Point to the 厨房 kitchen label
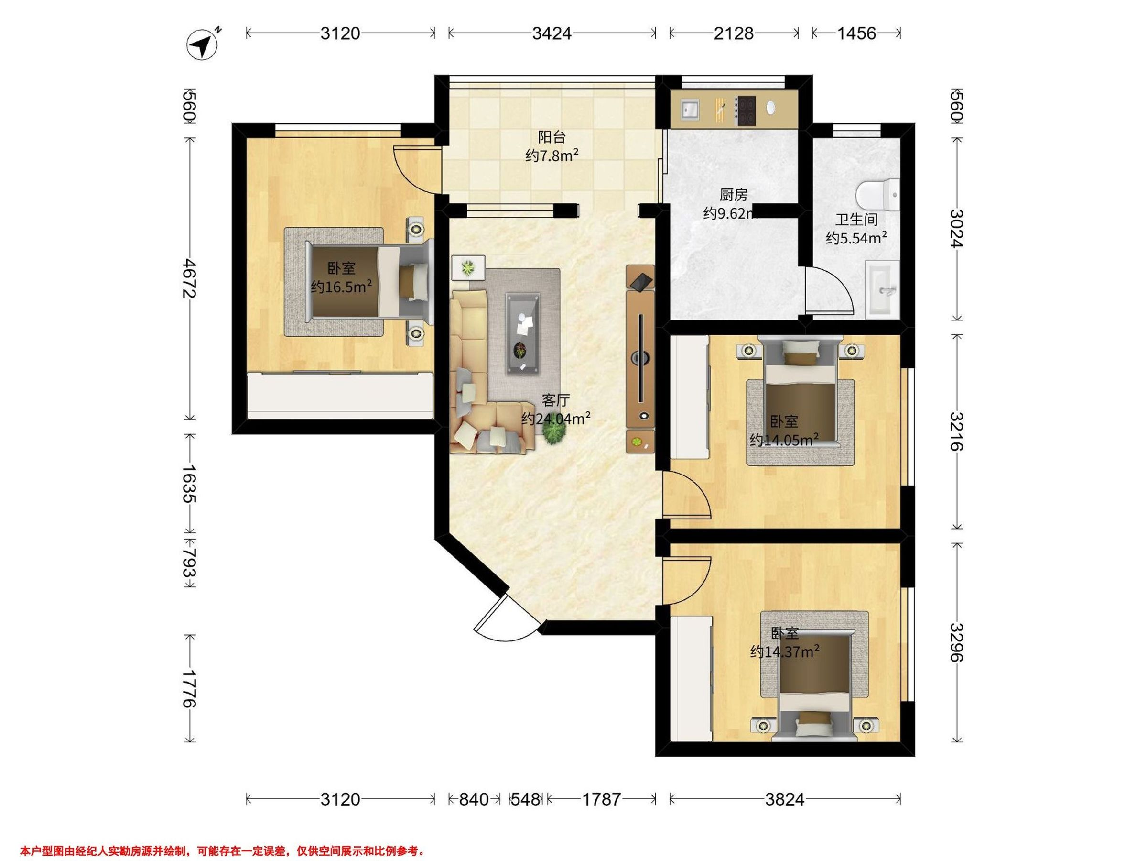pyautogui.click(x=734, y=195)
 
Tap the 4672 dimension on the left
pyautogui.click(x=189, y=279)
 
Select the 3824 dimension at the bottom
pyautogui.click(x=785, y=800)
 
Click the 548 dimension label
pyautogui.click(x=525, y=800)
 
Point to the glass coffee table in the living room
pyautogui.click(x=523, y=332)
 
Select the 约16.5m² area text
pyautogui.click(x=341, y=287)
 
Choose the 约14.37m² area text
pyautogui.click(x=785, y=652)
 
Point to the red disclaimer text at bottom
pyautogui.click(x=222, y=837)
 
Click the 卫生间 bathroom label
pyautogui.click(x=856, y=220)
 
